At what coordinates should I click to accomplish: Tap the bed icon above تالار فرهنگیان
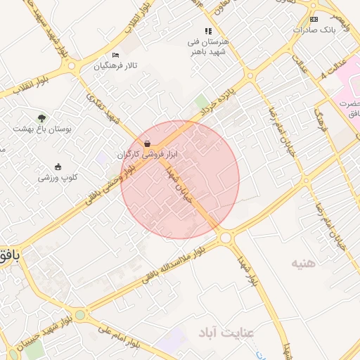(x=116, y=56)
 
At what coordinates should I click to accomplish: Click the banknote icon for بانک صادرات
(x=314, y=19)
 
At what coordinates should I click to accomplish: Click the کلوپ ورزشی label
(x=58, y=177)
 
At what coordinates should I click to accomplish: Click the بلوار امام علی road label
(x=127, y=337)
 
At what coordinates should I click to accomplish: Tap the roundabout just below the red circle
(x=226, y=238)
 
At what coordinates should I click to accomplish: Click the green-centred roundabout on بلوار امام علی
(x=80, y=314)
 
